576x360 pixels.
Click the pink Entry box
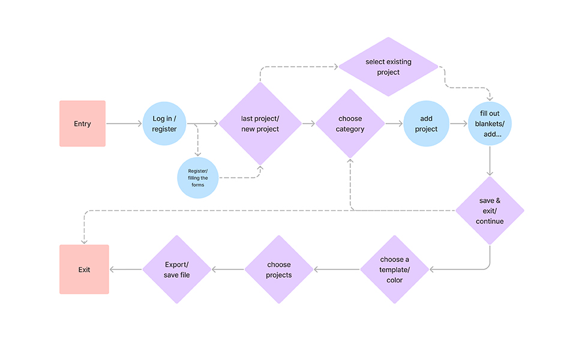coord(82,124)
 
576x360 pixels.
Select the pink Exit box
coord(84,269)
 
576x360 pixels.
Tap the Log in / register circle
coord(164,124)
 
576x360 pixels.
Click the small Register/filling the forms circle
coord(197,178)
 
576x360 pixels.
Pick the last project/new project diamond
coord(260,124)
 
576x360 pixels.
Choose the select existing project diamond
coord(388,67)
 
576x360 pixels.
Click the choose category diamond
coord(350,124)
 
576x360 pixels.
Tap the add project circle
coord(426,124)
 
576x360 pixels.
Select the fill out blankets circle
coord(490,124)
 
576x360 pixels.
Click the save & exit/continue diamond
coord(490,211)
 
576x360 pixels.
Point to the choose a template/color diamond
coord(395,269)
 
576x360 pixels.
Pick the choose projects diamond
coord(279,269)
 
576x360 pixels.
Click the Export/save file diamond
coord(176,269)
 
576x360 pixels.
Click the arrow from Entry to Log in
coord(124,124)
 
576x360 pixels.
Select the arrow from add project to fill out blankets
coord(458,124)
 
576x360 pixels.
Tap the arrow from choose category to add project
coord(394,124)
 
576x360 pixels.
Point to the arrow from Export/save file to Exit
coord(126,269)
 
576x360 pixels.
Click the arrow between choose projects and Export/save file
coord(228,269)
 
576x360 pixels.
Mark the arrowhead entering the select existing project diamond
coord(336,67)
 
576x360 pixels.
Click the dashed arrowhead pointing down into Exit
coord(84,242)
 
